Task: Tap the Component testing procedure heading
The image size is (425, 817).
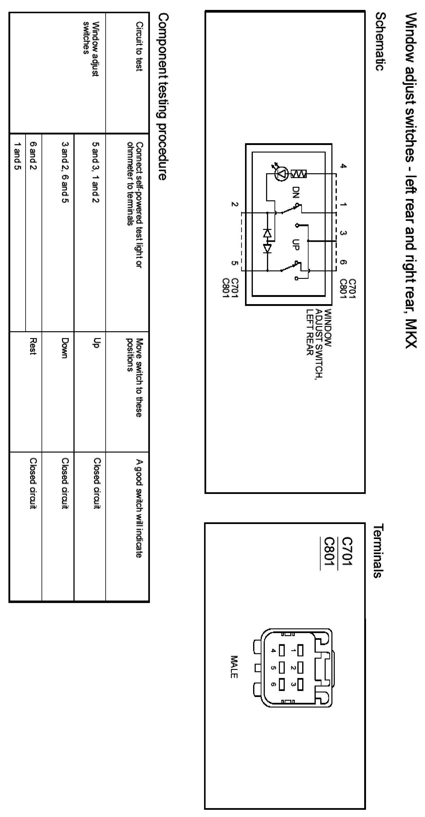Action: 162,97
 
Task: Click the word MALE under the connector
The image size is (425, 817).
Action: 234,667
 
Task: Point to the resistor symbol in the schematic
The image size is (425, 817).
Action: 299,174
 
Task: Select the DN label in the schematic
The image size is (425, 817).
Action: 296,192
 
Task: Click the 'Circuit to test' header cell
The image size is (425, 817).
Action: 139,46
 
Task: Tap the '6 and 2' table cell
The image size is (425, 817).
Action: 33,156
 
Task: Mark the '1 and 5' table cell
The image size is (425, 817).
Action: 17,156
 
